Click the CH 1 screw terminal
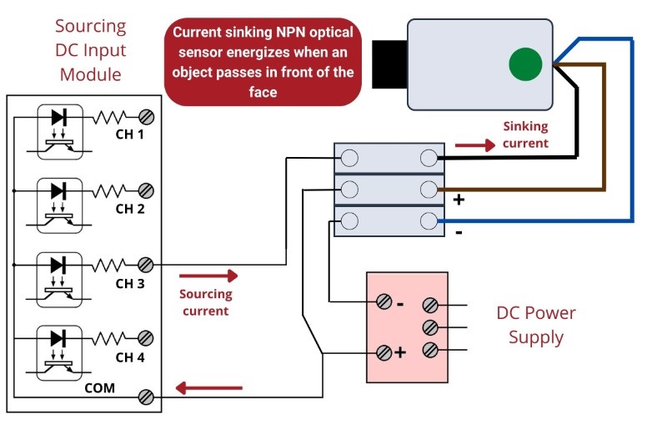pos(147,117)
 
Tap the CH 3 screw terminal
pos(145,265)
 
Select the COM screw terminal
pos(146,397)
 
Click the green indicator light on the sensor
pos(525,64)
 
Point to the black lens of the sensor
pos(389,64)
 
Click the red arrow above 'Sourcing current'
pos(208,276)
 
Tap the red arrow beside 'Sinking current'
pos(475,145)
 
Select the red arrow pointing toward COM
pos(209,388)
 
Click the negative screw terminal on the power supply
pos(384,302)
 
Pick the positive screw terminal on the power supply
pos(384,352)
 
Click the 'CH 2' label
pos(130,209)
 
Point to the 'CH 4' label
pos(130,357)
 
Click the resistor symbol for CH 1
pos(110,117)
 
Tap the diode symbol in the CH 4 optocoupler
pos(58,338)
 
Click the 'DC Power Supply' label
pos(536,325)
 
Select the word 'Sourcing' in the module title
pos(91,27)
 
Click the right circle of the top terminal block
pos(429,158)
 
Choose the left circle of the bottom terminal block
pos(349,221)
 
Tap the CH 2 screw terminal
pos(146,190)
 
